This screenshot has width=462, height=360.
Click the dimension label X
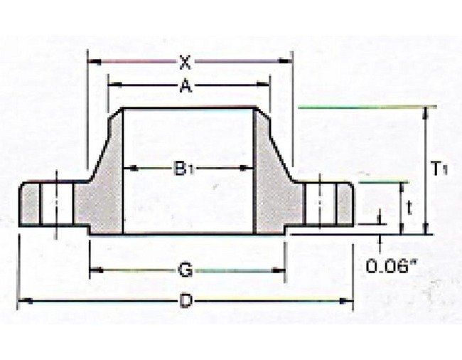pyautogui.click(x=186, y=62)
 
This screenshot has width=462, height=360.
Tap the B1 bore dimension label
pyautogui.click(x=183, y=169)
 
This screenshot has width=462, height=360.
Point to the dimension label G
pyautogui.click(x=184, y=270)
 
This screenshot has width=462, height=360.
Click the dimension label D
pyautogui.click(x=186, y=302)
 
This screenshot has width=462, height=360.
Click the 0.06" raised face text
pyautogui.click(x=390, y=267)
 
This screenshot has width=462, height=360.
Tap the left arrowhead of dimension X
pyautogui.click(x=91, y=62)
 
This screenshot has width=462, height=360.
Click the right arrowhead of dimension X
pyautogui.click(x=288, y=62)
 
